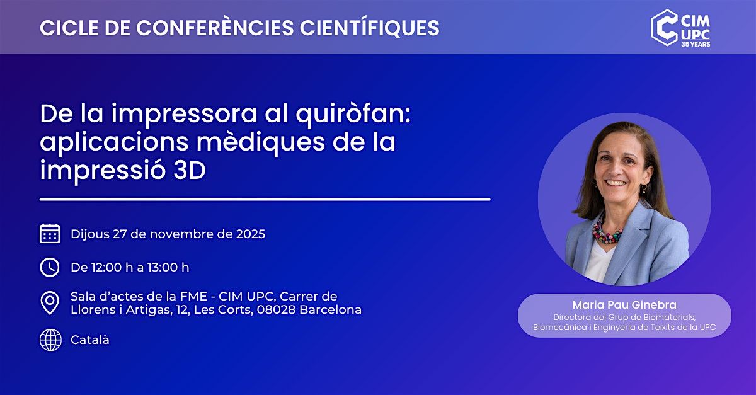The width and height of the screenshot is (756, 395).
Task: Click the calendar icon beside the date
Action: pyautogui.click(x=50, y=234)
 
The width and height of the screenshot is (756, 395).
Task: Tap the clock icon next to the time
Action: pyautogui.click(x=50, y=267)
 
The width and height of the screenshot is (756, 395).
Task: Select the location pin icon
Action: pyautogui.click(x=50, y=303)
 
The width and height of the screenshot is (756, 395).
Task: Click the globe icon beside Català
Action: pyautogui.click(x=50, y=340)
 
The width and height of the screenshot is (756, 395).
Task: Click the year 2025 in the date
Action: pyautogui.click(x=250, y=234)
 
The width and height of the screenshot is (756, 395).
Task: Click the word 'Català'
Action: pyautogui.click(x=90, y=340)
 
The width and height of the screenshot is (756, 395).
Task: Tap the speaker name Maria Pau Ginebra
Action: pyautogui.click(x=624, y=305)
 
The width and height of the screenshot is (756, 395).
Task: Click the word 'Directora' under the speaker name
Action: pyautogui.click(x=570, y=317)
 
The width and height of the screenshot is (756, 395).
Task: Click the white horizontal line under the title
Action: pyautogui.click(x=265, y=199)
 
